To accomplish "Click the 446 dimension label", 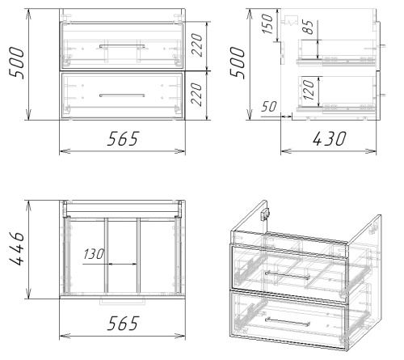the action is pos(17,248).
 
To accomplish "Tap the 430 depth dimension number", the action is pos(329,138).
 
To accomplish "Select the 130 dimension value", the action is pos(94,254).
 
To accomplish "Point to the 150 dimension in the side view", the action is pos(267,23).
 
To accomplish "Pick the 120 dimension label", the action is pos(309,90).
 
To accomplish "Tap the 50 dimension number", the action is pos(269,107).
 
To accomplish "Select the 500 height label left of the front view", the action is pos(17,63).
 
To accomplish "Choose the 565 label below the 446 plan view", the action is pos(123,323).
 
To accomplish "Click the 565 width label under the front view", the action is pos(123,138).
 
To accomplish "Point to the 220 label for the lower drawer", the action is pos(196,94).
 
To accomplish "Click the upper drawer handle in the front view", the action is pos(122,46).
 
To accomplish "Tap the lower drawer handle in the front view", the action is pos(122,95).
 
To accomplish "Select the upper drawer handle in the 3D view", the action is pos(288,275).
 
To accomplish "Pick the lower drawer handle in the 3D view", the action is pos(288,322).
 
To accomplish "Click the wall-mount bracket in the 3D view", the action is pos(265,214).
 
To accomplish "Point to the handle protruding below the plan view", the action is pos(122,302).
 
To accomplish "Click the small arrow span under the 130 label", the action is pos(122,265).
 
